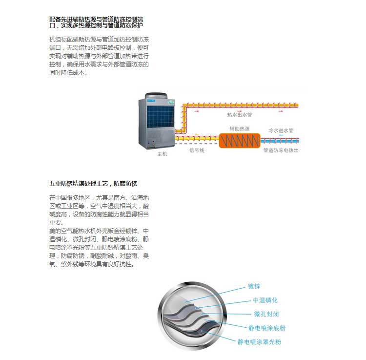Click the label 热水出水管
tap(240, 115)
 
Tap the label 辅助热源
tap(240, 129)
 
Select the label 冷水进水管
tap(281, 130)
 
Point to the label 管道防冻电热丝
tap(281, 150)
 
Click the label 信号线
tap(197, 150)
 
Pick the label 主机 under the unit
tap(162, 154)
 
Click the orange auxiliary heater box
tap(240, 141)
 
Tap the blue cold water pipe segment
tap(280, 141)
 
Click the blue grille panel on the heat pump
tap(161, 117)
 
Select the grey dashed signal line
tap(197, 144)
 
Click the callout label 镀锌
tap(254, 286)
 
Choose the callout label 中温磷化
tap(265, 300)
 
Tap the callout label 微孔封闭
tap(266, 314)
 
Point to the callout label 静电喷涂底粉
tap(267, 328)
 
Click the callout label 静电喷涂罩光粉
tap(259, 342)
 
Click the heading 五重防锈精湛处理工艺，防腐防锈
tap(93, 184)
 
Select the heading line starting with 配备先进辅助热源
tap(96, 19)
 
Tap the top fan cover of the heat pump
tap(156, 96)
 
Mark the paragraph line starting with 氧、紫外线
tap(92, 264)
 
